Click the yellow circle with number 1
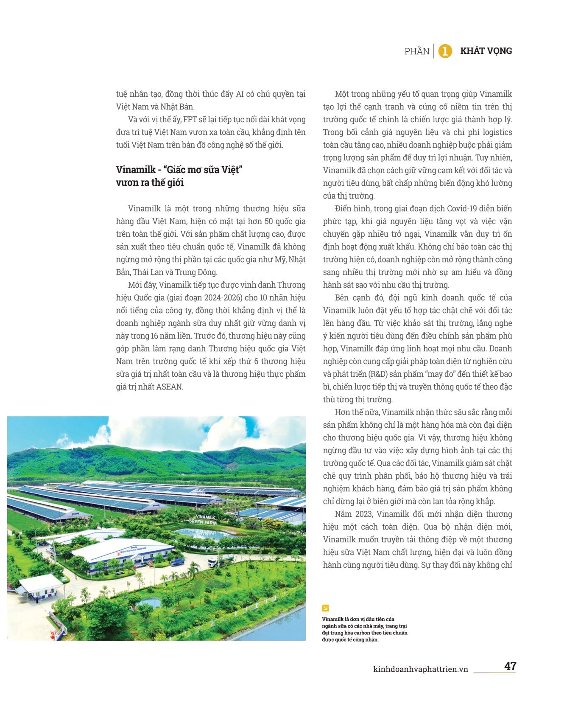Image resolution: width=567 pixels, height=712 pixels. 445,51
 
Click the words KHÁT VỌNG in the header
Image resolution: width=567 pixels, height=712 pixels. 486,51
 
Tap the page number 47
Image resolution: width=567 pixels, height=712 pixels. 510,666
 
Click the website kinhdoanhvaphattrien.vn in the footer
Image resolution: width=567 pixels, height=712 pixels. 420,669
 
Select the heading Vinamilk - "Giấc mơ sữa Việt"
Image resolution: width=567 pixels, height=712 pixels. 179,170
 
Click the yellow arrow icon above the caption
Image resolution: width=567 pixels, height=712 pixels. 325,608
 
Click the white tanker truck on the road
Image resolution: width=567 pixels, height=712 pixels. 220,561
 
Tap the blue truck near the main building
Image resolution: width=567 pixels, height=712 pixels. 177,562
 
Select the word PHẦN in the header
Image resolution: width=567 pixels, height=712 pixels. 416,51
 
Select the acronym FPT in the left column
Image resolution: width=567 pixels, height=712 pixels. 190,120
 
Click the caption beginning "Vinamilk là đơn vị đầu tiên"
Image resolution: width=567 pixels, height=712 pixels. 364,629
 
